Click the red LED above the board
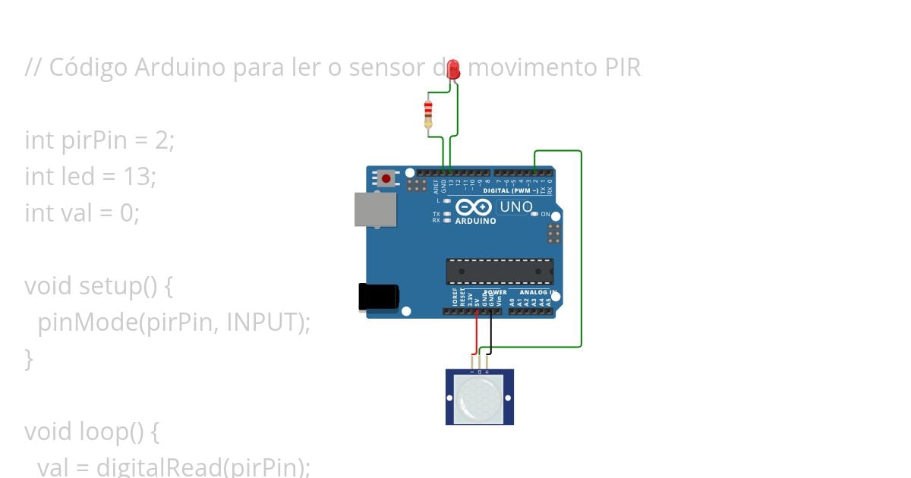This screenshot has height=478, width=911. [454, 69]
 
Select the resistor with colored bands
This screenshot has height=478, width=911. [428, 114]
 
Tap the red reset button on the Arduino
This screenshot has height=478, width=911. [386, 179]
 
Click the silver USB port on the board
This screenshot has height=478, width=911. [375, 209]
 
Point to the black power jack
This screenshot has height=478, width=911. [378, 296]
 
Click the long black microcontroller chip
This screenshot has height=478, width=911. [499, 271]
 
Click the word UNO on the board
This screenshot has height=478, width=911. [516, 206]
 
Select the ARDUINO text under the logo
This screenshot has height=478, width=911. [476, 222]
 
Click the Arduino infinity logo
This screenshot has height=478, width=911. [474, 207]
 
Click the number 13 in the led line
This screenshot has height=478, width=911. [137, 177]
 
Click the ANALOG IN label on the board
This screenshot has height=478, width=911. [538, 292]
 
